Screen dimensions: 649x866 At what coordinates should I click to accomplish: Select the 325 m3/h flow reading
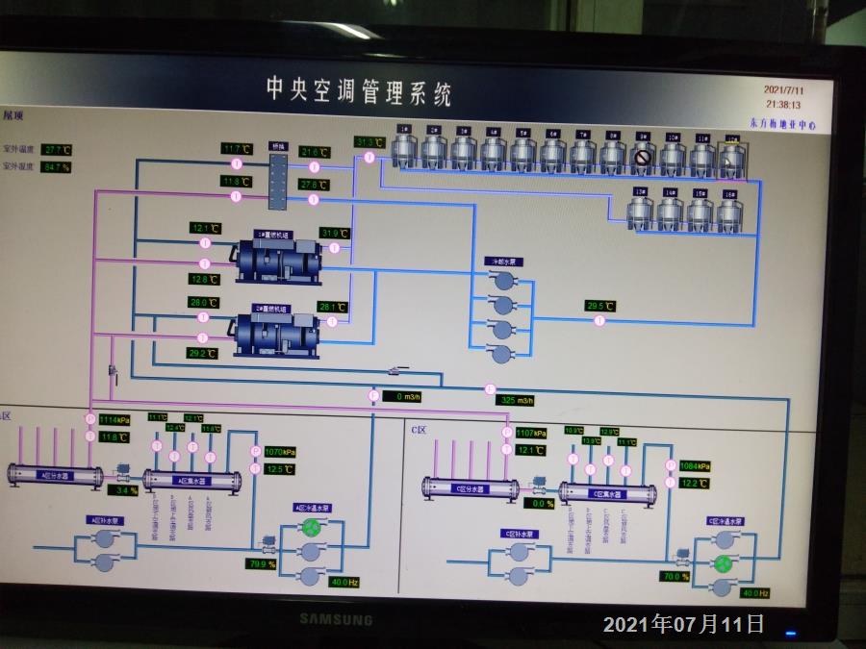point(516,400)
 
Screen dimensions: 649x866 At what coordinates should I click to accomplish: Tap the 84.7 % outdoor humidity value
point(57,166)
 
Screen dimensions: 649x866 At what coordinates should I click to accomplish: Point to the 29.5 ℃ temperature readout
point(600,306)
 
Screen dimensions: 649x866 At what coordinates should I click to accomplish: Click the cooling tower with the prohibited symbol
point(643,156)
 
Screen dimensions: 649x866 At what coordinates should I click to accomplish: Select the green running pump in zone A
point(310,527)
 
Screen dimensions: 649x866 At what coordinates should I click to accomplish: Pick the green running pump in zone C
point(723,562)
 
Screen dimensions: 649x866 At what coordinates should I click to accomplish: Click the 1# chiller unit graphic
point(279,257)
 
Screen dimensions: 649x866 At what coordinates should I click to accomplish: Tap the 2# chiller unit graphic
point(277,332)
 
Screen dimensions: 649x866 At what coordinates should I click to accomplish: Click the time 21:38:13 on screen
point(783,103)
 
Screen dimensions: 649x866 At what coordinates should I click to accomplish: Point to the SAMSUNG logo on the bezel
point(335,619)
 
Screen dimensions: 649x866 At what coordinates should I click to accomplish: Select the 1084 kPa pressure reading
point(695,466)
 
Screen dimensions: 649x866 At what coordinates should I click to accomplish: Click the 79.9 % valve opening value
point(262,563)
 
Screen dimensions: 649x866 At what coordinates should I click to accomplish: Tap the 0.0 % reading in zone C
point(543,503)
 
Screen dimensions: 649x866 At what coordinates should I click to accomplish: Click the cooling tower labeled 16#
point(729,212)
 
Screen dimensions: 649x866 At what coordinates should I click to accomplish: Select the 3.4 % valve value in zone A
point(122,490)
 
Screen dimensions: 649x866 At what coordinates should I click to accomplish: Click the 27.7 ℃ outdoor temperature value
point(57,150)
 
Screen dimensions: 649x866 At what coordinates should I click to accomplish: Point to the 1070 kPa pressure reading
point(278,451)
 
